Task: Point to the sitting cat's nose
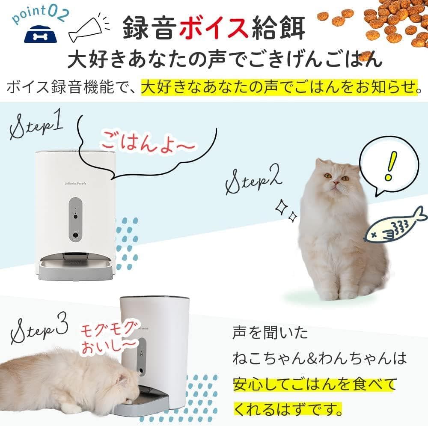click(336, 183)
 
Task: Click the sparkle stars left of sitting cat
click(286, 211)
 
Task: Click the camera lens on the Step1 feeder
click(75, 235)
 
